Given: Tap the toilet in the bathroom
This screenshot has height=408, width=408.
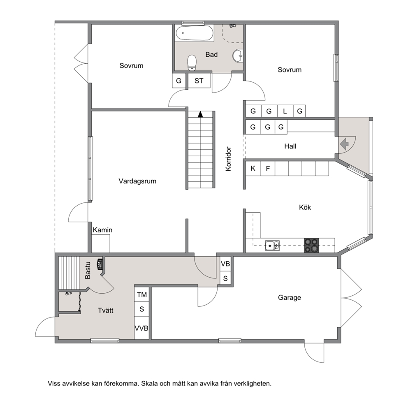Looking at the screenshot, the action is coord(192,63).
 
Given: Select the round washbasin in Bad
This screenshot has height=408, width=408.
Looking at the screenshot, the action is coord(238,56).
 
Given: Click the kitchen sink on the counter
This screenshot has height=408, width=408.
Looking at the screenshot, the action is coord(272,246).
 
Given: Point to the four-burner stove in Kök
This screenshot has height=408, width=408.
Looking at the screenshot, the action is coord(311,246).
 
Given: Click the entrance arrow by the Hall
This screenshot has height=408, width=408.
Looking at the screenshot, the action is coord(344,144).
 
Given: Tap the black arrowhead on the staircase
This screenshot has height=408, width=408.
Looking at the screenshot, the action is coord(200,114).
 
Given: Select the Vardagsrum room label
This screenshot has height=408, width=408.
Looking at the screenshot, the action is coord(137,181).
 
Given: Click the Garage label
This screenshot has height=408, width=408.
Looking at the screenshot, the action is coord(290,297).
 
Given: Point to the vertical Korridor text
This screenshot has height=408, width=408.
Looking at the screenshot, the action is coord(228,159).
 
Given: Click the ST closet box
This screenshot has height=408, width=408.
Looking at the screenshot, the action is coord(199,81).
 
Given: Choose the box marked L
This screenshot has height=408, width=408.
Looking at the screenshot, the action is coord(285,111).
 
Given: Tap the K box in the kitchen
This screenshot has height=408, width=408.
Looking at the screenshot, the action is coord(253,168).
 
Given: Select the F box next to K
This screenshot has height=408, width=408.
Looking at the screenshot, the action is coord(268,168).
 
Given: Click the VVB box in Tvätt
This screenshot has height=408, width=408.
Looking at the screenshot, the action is coord(141,328).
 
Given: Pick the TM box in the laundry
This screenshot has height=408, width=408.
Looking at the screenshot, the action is coord(142,294).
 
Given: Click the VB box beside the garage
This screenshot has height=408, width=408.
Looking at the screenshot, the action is coord(225,264).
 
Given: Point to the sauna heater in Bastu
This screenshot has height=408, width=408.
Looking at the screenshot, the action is coord(100,264).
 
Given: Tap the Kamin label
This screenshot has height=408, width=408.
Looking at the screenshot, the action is coord(103,230).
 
